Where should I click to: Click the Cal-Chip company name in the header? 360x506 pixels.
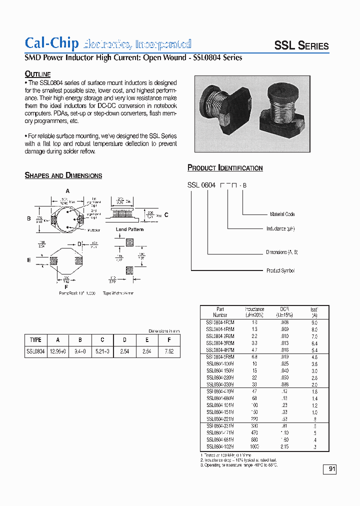click(52, 43)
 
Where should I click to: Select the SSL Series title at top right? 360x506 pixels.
click(301, 46)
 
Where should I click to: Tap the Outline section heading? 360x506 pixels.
click(38, 74)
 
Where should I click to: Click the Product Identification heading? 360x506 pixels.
click(225, 168)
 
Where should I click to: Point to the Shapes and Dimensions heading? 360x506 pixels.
click(63, 175)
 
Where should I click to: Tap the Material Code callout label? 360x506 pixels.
click(282, 214)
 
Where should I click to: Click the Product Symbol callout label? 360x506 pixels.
click(280, 270)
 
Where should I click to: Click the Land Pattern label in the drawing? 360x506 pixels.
click(129, 229)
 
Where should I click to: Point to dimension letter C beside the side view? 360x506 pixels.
click(166, 214)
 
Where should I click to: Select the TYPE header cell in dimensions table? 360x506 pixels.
click(35, 339)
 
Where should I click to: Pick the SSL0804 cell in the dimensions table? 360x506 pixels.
click(35, 351)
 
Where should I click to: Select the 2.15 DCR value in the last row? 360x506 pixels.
click(284, 446)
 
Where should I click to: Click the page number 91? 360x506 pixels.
click(332, 469)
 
